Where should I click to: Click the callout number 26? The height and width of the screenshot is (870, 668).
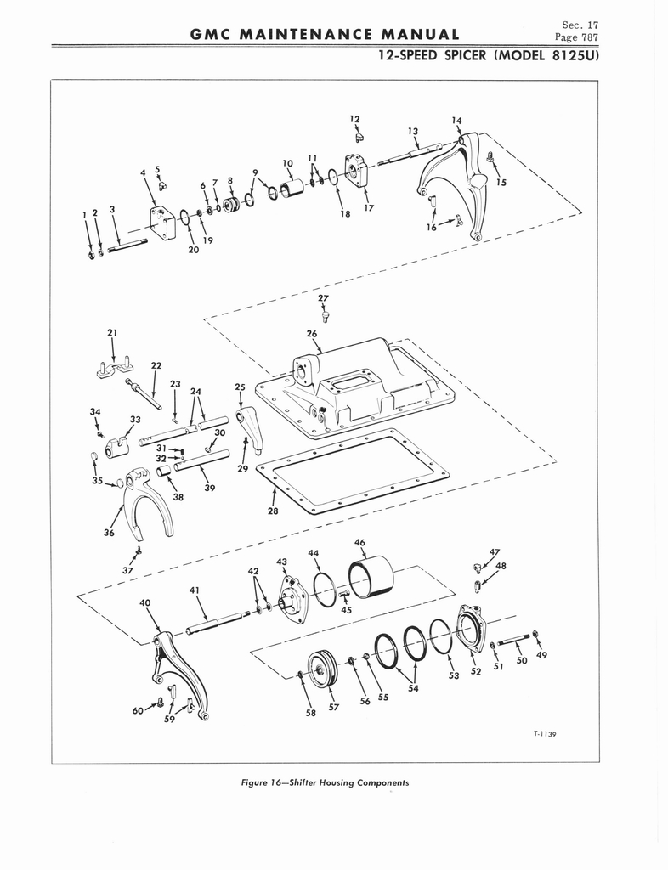point(311,333)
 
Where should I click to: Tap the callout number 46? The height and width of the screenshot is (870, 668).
point(359,542)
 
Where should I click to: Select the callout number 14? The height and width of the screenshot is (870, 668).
point(456,121)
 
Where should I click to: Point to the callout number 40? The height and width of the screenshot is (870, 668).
point(144,602)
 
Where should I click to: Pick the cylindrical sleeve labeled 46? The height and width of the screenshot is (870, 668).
point(371,577)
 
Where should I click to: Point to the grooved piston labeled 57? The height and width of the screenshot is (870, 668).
point(322,668)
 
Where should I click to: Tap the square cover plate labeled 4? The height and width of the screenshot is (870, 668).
point(162,222)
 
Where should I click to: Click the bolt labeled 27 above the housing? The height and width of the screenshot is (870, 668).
point(326,317)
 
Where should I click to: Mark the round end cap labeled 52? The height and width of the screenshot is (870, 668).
point(468,628)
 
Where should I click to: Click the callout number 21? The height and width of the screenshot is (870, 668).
point(112,332)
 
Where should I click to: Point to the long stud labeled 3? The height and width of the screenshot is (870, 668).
point(127,245)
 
